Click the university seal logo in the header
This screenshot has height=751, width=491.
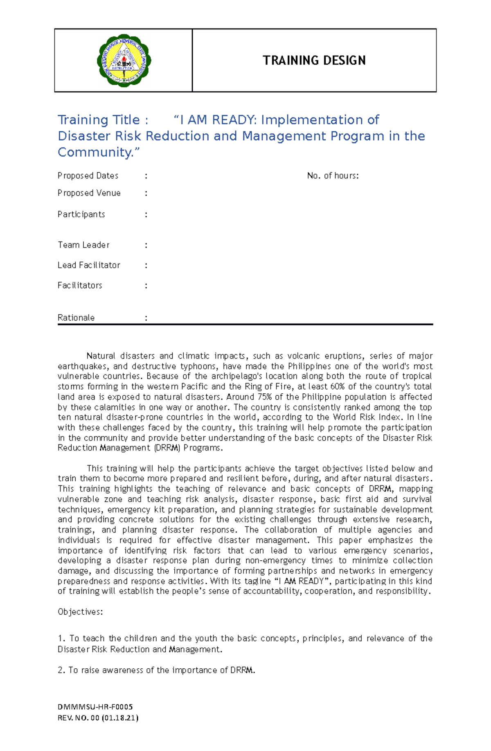[124, 61]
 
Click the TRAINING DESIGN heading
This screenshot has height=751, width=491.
[314, 61]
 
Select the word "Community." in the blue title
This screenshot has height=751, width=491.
[98, 152]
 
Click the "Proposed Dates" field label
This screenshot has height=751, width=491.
[88, 176]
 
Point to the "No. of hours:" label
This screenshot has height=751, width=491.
[333, 176]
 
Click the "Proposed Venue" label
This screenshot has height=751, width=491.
[89, 193]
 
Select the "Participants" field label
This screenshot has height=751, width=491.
[81, 214]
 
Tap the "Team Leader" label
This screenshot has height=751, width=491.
[83, 245]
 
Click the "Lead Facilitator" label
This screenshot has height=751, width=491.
[89, 265]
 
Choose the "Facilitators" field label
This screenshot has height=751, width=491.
[80, 285]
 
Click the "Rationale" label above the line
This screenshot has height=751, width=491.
[76, 318]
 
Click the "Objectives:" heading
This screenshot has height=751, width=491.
[80, 612]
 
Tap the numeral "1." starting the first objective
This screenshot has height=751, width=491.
[62, 638]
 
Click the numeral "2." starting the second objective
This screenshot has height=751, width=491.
[62, 670]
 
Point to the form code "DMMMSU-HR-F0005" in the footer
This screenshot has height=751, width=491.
[95, 707]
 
